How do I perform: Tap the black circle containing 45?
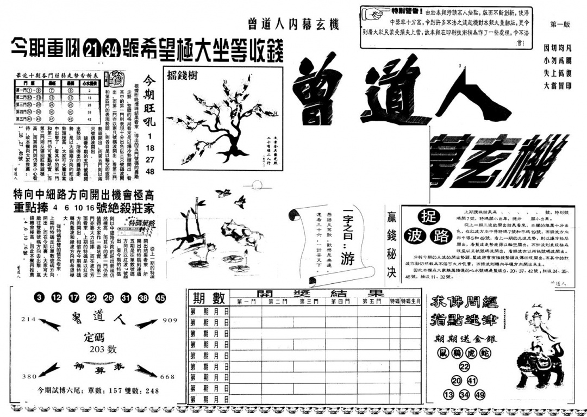click(x=160, y=298)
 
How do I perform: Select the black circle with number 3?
click(x=39, y=298)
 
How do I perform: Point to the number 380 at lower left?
click(x=28, y=376)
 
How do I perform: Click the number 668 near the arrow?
click(x=168, y=377)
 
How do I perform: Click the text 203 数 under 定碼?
click(x=103, y=349)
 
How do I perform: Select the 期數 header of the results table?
click(x=208, y=298)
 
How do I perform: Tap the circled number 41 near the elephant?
click(x=472, y=381)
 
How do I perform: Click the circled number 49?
click(x=479, y=395)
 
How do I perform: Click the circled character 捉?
click(x=430, y=217)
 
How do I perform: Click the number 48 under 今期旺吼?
click(x=150, y=171)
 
